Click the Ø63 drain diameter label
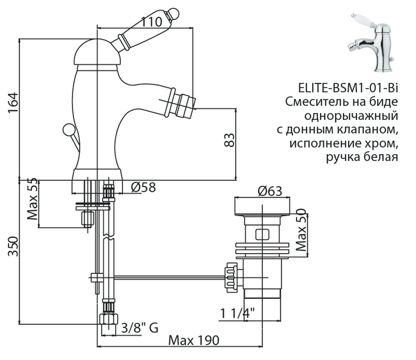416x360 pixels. point(269,191)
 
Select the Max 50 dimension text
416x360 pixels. point(303,230)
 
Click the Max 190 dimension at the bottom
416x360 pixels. point(193,340)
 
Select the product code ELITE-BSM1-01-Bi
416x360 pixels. point(348,88)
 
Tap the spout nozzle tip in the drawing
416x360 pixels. point(184,104)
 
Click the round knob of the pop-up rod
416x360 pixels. point(68,129)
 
